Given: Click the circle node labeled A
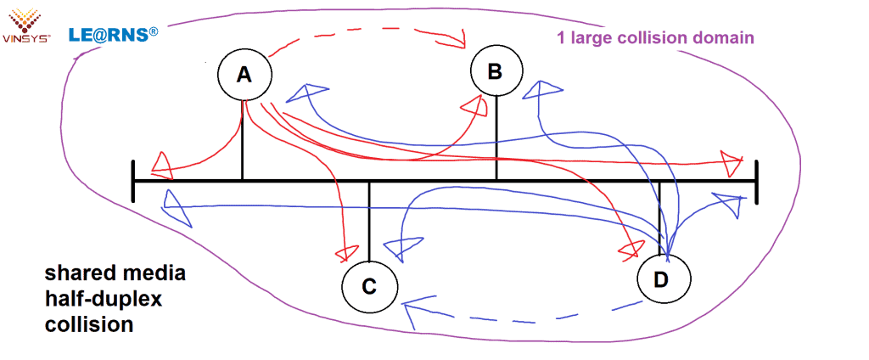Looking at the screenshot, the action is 244,75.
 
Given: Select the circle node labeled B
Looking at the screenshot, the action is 496,71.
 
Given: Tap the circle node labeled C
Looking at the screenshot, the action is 369,287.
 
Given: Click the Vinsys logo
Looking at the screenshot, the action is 26,24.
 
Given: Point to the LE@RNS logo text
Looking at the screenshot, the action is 113,35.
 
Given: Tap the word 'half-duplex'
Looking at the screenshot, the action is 103,300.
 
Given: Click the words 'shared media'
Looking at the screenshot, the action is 115,274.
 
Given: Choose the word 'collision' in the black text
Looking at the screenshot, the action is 88,324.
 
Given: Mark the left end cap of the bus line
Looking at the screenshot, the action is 133,181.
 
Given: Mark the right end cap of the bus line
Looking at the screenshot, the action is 756,181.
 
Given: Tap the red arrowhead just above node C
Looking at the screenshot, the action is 345,253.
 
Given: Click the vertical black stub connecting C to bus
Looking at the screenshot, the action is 370,221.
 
